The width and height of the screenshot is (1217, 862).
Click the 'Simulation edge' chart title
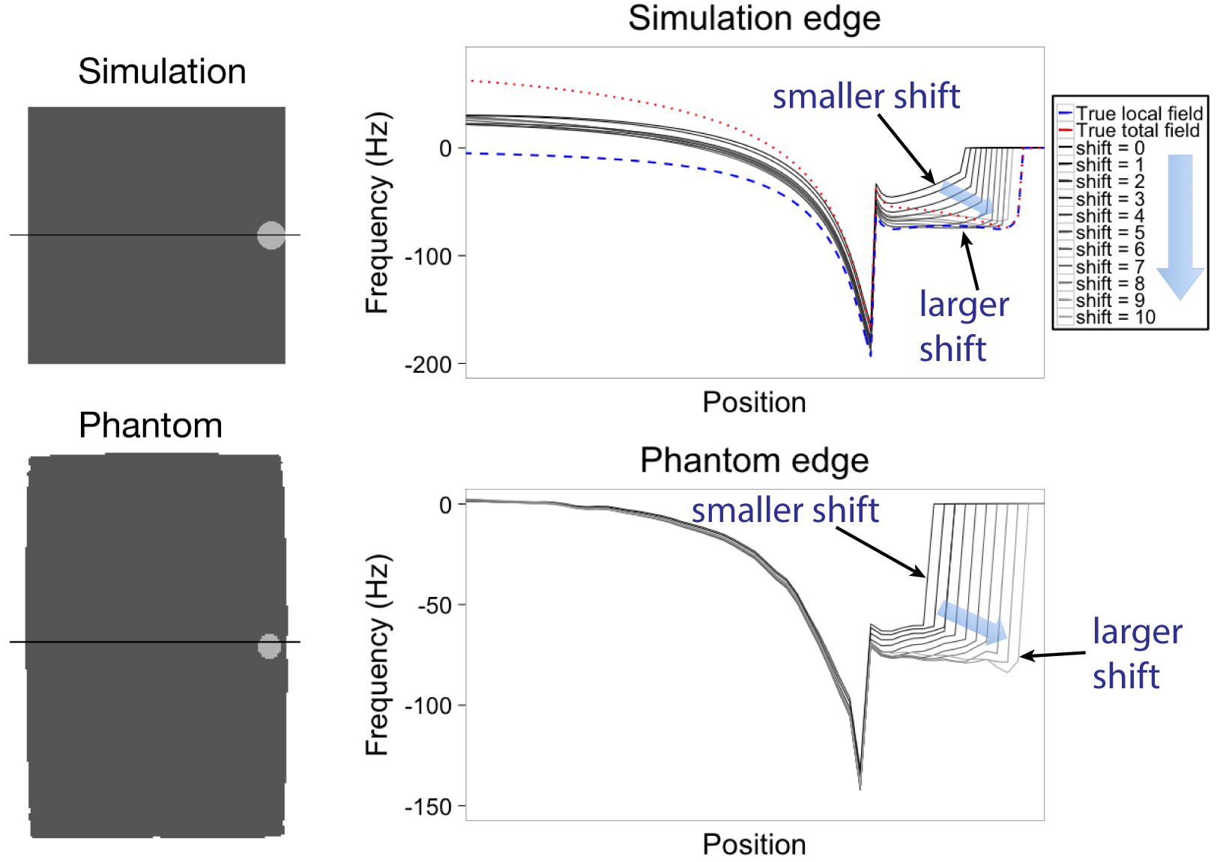(x=754, y=19)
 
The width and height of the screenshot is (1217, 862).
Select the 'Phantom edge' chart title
(x=754, y=461)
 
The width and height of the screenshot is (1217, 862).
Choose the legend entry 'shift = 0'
(x=1109, y=148)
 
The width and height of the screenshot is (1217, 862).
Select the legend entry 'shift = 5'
(x=1109, y=233)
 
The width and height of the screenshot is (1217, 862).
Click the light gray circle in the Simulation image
(x=271, y=235)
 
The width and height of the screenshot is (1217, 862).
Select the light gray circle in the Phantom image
(x=269, y=646)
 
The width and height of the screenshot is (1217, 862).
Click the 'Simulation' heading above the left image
(x=162, y=72)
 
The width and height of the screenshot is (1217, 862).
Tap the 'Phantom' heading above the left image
(x=151, y=425)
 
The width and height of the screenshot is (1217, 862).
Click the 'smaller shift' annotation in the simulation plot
(x=866, y=97)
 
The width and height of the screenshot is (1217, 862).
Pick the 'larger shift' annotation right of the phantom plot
(x=1136, y=654)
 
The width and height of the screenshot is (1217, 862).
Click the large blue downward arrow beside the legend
(x=1180, y=225)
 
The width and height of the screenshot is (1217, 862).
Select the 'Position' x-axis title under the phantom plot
(x=754, y=845)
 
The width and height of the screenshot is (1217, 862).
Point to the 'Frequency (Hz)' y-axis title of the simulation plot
(x=378, y=213)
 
